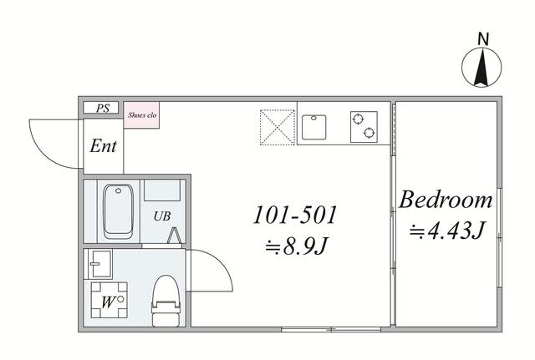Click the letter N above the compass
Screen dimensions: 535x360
pos(483,39)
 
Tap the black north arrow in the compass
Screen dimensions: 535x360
pos(481,68)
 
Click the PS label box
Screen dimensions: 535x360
pos(101,108)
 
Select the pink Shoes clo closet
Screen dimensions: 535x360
pos(141,115)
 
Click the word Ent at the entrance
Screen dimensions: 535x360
pos(103,146)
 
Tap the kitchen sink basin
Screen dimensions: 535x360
pos(314,127)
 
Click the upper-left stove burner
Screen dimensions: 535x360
pos(357,119)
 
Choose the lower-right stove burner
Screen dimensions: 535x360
pos(369,132)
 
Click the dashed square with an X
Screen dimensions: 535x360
pos(277,127)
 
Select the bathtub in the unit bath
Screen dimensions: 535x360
pos(118,211)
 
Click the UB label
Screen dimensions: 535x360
pos(161,216)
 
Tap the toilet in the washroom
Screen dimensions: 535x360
pos(166,301)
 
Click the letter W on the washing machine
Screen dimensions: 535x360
pos(107,302)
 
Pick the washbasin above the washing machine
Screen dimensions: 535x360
pos(100,263)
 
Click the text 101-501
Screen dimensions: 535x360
pos(295,215)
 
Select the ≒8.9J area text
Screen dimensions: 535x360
pos(296,246)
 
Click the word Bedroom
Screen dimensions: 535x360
pos(446,200)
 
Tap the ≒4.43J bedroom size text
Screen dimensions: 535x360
pos(446,231)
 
